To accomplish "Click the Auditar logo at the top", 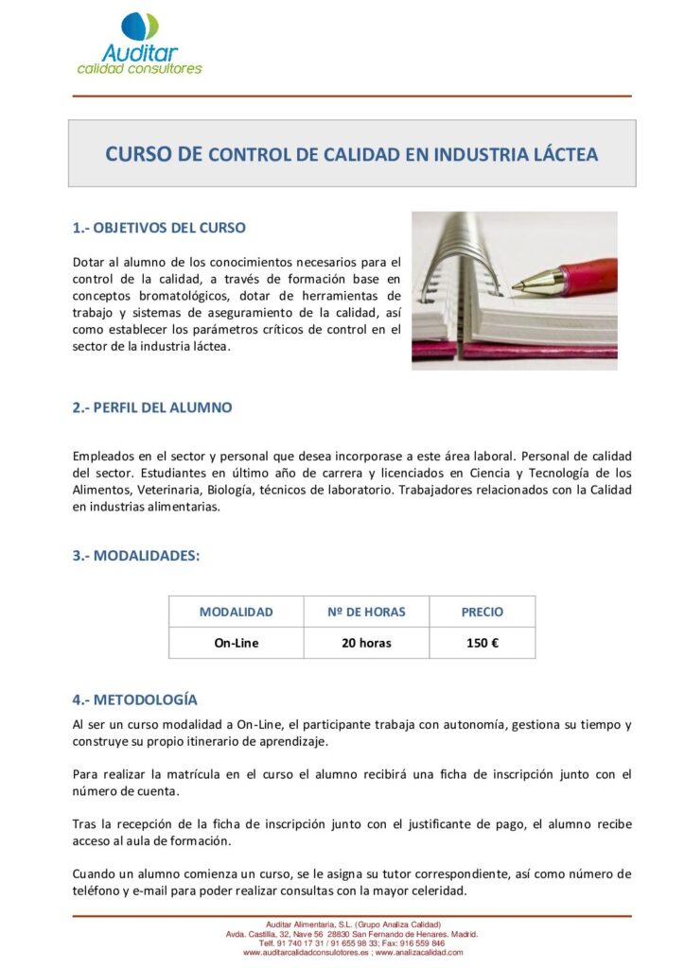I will pyautogui.click(x=139, y=44).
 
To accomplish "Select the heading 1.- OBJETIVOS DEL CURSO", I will pyautogui.click(x=159, y=228).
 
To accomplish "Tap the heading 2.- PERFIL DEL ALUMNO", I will pyautogui.click(x=152, y=407).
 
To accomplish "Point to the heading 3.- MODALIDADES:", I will pyautogui.click(x=136, y=556).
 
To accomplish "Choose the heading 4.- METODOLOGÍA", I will pyautogui.click(x=135, y=700).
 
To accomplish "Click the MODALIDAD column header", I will pyautogui.click(x=236, y=612).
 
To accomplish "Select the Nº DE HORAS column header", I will pyautogui.click(x=366, y=612).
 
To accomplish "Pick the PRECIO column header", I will pyautogui.click(x=482, y=612).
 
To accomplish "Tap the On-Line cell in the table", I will pyautogui.click(x=236, y=643).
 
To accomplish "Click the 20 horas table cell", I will pyautogui.click(x=366, y=643).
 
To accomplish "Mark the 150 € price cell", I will pyautogui.click(x=482, y=643).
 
